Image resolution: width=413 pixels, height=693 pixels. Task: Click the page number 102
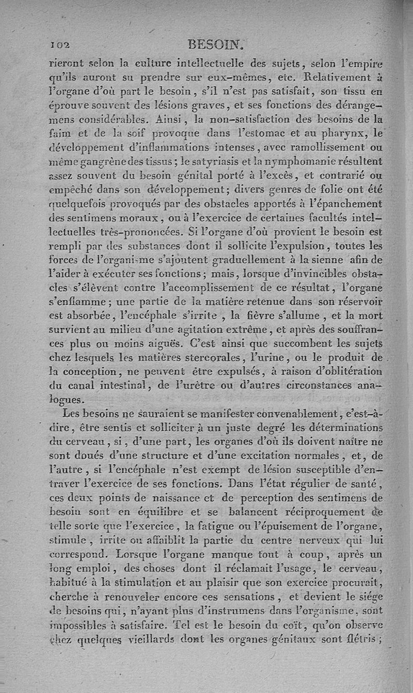pos(60,45)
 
